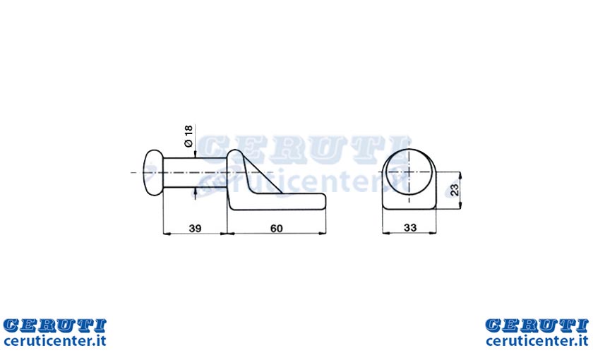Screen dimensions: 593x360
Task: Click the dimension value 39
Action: (195, 228)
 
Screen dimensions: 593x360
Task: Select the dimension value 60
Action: (277, 228)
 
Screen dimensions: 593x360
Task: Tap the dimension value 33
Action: (410, 227)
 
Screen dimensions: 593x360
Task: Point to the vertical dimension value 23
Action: (455, 189)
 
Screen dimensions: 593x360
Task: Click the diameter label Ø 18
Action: (188, 136)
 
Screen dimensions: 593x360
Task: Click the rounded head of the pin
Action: (152, 172)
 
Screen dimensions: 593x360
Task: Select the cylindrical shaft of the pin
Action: (195, 172)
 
